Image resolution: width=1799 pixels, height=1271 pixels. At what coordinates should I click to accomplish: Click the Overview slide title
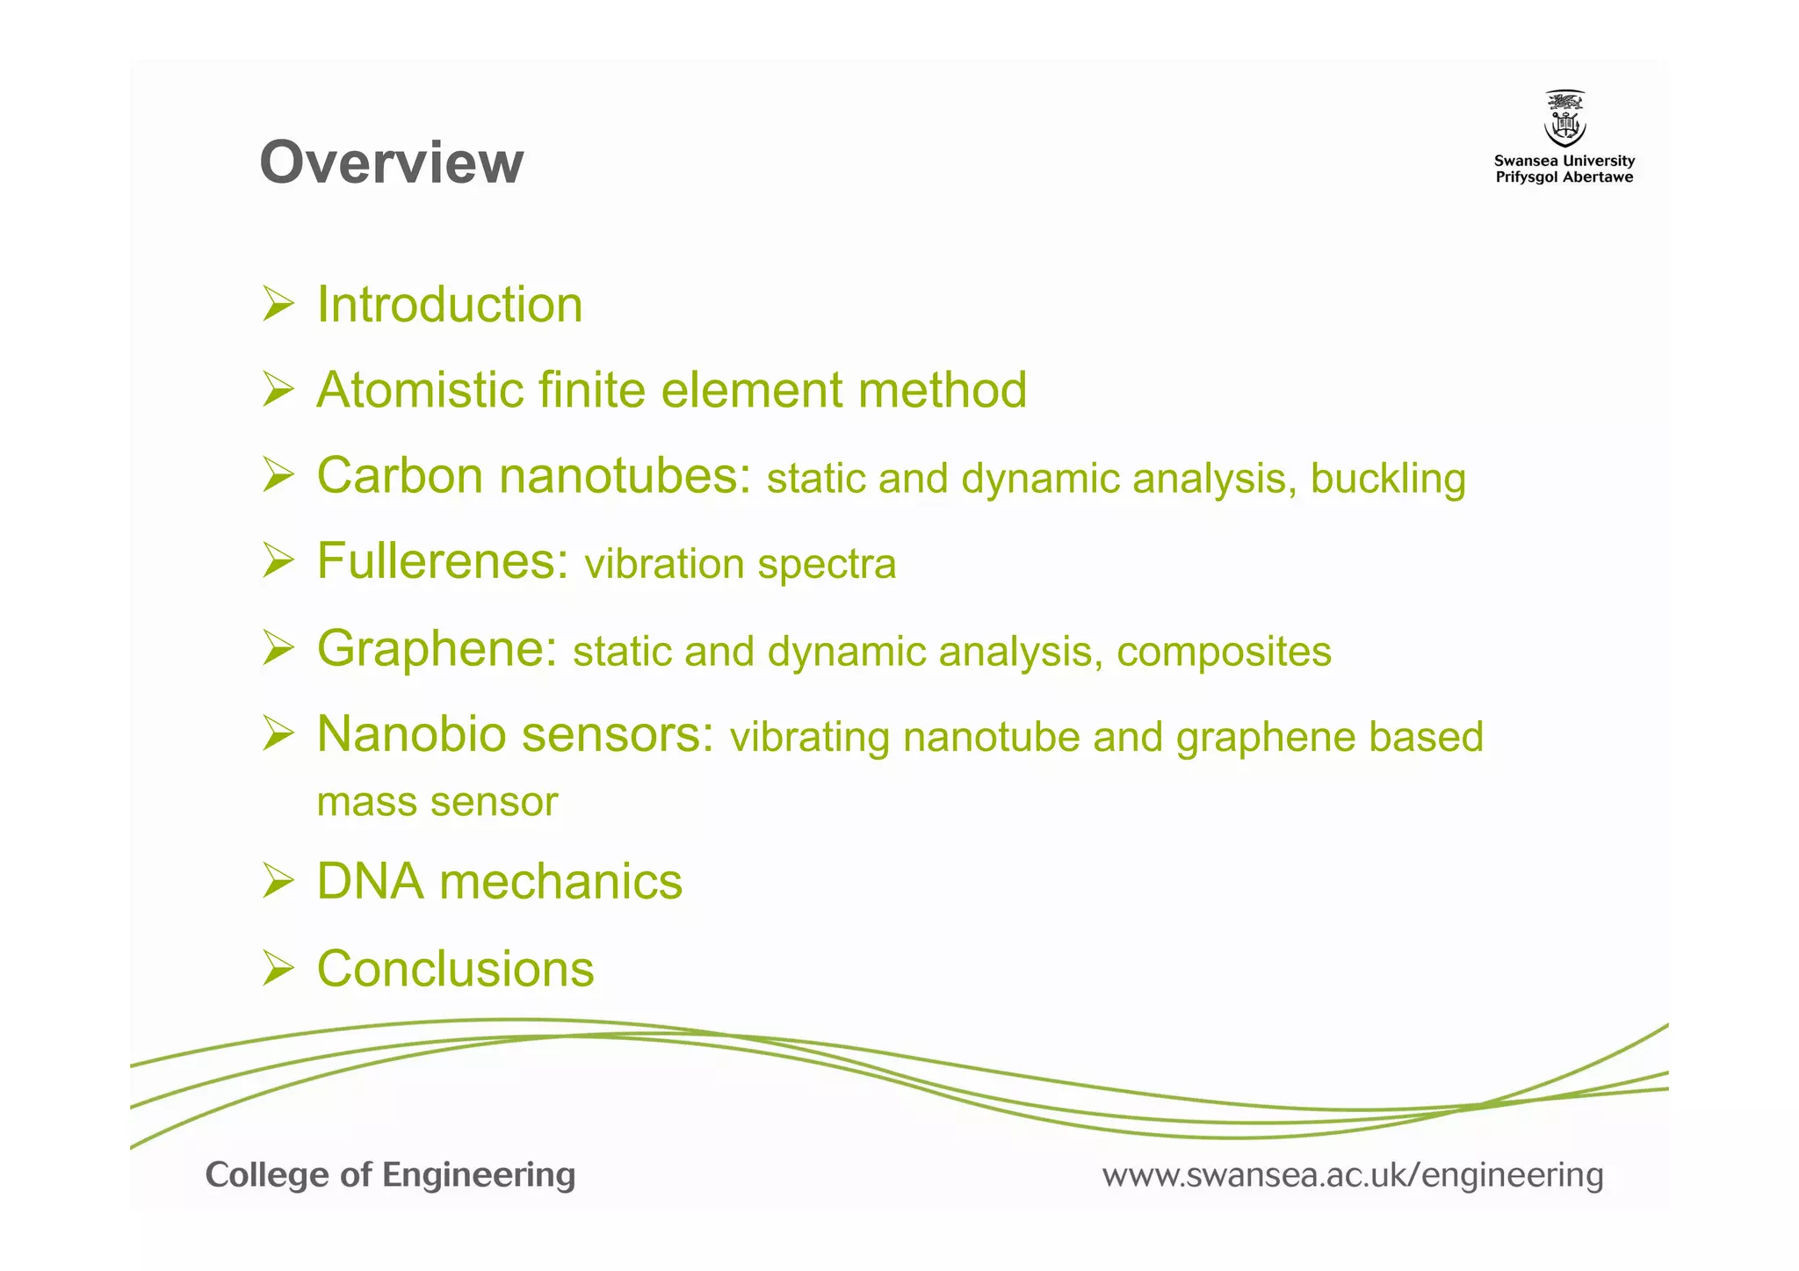tap(392, 162)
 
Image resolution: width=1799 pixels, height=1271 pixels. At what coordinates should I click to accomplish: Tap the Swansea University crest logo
tap(1564, 119)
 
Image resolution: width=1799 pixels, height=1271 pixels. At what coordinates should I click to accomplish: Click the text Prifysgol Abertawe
tap(1564, 177)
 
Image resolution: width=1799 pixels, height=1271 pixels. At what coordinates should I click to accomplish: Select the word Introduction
tap(449, 305)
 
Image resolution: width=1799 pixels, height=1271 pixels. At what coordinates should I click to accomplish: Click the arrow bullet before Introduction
tap(278, 304)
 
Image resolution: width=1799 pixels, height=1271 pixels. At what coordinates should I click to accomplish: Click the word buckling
tap(1388, 479)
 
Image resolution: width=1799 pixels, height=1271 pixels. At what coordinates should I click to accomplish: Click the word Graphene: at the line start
tap(437, 648)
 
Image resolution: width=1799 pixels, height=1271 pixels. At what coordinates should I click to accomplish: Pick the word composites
tap(1224, 652)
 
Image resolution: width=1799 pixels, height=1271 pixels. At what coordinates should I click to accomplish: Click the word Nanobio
tap(411, 733)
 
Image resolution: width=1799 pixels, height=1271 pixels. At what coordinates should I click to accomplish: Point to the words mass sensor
tap(437, 802)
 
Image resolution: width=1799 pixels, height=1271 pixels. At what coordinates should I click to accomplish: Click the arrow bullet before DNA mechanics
tap(278, 881)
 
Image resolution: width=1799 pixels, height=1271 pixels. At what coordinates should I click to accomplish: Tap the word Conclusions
tap(455, 969)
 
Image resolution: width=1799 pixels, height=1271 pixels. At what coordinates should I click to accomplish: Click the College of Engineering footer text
tap(390, 1175)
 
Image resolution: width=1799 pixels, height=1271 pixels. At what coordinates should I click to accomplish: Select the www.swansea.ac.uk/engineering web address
tap(1352, 1175)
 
